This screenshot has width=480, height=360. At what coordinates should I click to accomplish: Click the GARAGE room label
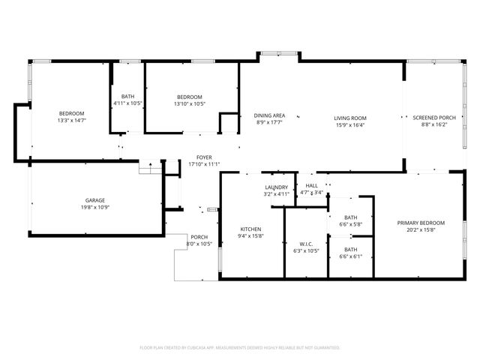(x=94, y=200)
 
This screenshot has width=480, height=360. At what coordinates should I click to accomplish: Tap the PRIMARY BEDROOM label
(x=421, y=223)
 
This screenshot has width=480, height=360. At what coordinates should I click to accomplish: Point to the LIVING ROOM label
(x=349, y=118)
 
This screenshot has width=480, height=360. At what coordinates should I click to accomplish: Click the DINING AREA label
(x=268, y=115)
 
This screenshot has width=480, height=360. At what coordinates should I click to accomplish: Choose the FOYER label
(x=205, y=157)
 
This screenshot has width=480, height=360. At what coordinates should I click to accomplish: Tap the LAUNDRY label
(x=277, y=187)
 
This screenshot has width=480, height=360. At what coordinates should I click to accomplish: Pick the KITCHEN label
(x=250, y=229)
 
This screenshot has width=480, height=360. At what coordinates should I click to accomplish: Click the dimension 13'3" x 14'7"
(x=73, y=120)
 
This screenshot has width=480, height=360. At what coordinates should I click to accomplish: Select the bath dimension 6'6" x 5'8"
(x=351, y=223)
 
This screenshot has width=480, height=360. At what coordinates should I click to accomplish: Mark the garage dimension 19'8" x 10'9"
(x=94, y=207)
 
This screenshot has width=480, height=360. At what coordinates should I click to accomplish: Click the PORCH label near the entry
(x=199, y=237)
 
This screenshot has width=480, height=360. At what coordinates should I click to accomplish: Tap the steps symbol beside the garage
(x=150, y=168)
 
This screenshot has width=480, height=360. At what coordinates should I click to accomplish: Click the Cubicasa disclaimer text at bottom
(x=240, y=347)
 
